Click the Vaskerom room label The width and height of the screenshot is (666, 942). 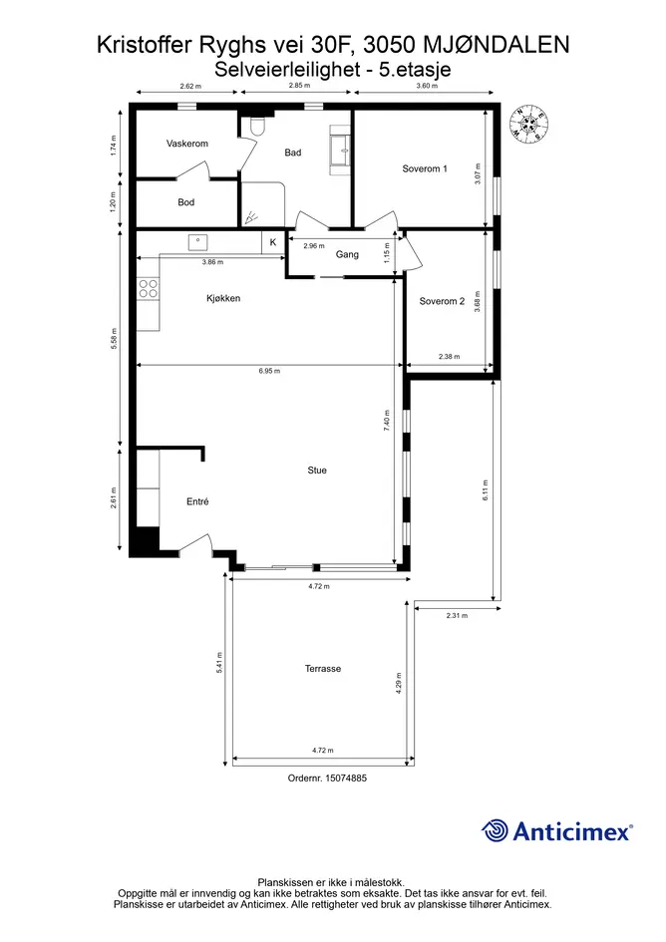pos(186,144)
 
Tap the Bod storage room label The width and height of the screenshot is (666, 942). pos(185,202)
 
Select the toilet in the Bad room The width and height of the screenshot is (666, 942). pos(258,126)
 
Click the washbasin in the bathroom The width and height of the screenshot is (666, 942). pos(340,151)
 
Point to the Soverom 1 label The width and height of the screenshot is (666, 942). pos(425,168)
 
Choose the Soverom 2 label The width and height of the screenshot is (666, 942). pos(442,301)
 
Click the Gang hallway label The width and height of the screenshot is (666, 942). pos(347,255)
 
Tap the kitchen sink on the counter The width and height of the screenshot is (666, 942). pos(197,242)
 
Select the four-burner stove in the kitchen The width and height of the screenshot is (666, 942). pos(149,288)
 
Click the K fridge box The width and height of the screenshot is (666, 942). pos(272,242)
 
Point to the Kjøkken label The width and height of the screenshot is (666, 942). pos(223,298)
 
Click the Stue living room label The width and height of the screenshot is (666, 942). pos(317,471)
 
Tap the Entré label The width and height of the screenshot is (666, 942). pos(197,501)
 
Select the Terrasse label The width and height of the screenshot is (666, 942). pos(323,669)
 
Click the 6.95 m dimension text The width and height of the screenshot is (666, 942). pos(269,371)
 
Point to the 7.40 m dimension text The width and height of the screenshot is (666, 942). pos(387,420)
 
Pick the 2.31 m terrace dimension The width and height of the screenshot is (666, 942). pos(457,615)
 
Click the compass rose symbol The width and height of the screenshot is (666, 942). pos(529,124)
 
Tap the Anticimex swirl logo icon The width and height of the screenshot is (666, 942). pos(495,830)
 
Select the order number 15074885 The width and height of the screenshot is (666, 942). pos(346,778)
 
